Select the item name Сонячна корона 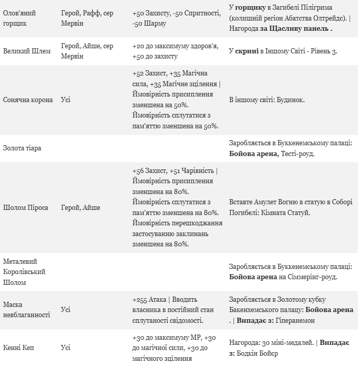28,100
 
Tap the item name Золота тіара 22,148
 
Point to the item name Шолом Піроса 26,207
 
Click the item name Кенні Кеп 18,347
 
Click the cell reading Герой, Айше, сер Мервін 87,51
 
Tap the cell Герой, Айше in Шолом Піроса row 81,207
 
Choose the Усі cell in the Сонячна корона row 66,100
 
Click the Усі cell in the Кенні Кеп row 66,347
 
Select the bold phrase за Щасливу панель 296,29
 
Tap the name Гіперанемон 295,320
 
